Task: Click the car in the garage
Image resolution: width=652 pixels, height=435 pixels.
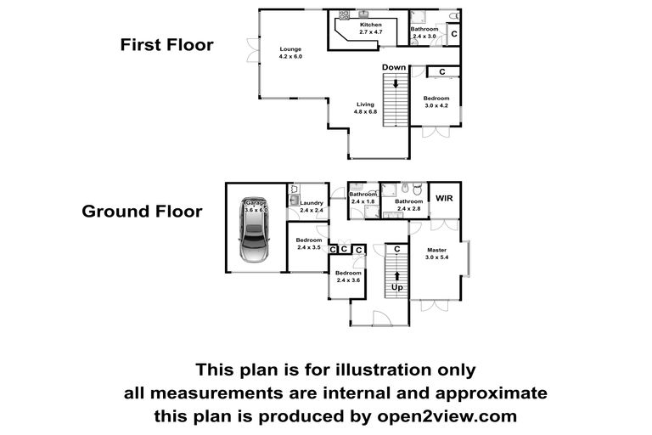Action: (254, 229)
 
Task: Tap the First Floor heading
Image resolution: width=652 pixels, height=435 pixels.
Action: (166, 45)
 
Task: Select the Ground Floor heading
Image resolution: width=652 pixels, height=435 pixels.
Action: (143, 212)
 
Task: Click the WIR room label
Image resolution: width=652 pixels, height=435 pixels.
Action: (444, 198)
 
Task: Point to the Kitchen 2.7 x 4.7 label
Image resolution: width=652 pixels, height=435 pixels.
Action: (370, 28)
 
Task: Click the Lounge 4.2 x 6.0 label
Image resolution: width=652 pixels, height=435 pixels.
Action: (290, 53)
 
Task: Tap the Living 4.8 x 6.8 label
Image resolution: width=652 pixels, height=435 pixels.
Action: (365, 108)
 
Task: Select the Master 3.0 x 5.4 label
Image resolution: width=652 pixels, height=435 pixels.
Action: (436, 253)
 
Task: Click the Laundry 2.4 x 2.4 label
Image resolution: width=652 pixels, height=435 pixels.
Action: (312, 206)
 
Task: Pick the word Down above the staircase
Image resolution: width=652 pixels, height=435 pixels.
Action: (394, 67)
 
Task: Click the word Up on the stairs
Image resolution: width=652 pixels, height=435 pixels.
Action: (396, 287)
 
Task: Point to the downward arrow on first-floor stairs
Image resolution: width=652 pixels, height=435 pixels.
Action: (396, 83)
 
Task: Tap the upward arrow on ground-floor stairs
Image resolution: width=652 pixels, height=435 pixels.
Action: (397, 276)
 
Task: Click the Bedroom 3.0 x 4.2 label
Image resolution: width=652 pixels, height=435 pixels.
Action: (436, 102)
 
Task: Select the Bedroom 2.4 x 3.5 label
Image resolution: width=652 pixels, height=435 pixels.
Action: (308, 244)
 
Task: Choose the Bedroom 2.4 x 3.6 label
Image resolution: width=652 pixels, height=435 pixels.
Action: (348, 276)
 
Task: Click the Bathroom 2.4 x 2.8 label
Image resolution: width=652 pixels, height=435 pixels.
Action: (408, 205)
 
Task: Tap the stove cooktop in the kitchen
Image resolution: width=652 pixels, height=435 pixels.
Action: (344, 15)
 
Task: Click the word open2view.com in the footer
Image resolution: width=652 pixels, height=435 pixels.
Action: (447, 416)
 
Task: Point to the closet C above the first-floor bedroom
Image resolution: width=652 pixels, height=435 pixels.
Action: (442, 72)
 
